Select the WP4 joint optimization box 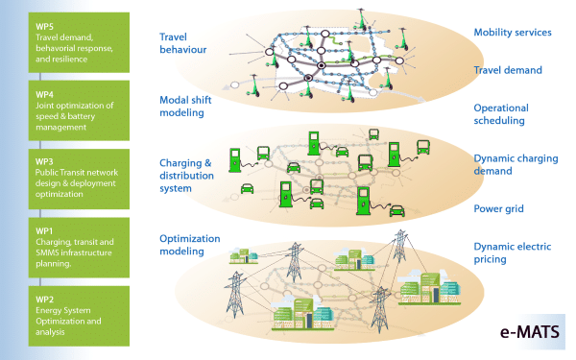click(73, 110)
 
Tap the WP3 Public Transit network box click(73, 179)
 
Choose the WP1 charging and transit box click(73, 247)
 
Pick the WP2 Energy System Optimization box click(73, 315)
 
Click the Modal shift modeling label click(181, 105)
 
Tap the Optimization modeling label click(189, 244)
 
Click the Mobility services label click(512, 33)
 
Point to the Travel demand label click(508, 70)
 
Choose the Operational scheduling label click(499, 114)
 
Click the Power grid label click(499, 207)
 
